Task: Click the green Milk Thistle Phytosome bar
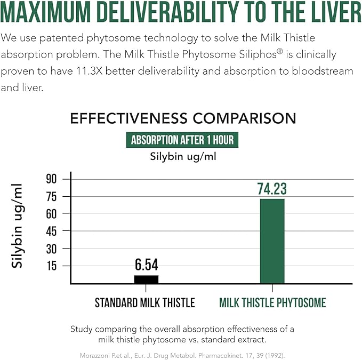click(x=272, y=241)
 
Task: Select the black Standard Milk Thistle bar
click(x=146, y=279)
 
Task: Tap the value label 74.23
click(x=272, y=188)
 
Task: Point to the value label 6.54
click(x=146, y=265)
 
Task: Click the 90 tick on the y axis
click(x=52, y=179)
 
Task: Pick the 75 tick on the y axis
click(x=52, y=197)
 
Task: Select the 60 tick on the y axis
click(x=52, y=214)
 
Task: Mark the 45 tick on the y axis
click(x=52, y=231)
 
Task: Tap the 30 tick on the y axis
click(x=52, y=249)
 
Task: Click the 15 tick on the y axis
click(x=52, y=266)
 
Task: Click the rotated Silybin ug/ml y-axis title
click(x=18, y=226)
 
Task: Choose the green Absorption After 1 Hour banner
click(x=182, y=140)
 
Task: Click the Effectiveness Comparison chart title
click(x=183, y=118)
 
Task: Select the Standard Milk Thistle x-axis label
click(x=145, y=303)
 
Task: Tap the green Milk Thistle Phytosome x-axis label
click(x=272, y=303)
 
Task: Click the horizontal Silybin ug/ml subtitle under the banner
click(x=182, y=156)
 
